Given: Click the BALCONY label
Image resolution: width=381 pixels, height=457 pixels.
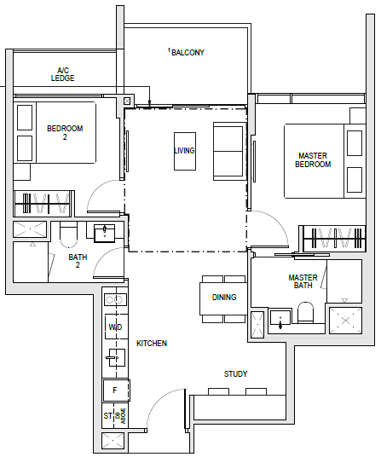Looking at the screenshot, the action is [188, 53].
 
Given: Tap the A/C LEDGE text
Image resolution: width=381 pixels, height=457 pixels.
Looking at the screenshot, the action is [62, 74].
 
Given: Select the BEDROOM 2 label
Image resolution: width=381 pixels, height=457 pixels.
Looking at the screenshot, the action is [65, 132].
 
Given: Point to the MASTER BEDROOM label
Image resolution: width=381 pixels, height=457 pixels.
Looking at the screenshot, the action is [313, 159].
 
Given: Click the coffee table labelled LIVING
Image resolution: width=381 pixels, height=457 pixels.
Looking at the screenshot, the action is [185, 151].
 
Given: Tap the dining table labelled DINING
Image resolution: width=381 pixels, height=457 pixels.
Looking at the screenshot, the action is [223, 298].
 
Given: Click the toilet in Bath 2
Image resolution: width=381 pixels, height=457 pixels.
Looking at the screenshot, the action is [68, 234].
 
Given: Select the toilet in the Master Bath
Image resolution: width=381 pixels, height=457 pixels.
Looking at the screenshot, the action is [305, 312].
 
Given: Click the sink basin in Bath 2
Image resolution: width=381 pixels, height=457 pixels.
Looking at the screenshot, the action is [105, 234].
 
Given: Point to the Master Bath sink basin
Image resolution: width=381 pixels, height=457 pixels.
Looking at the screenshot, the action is [280, 318].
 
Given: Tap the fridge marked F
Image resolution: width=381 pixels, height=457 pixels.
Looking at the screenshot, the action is [116, 390].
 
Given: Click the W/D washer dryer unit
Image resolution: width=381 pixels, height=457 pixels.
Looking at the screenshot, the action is [116, 327].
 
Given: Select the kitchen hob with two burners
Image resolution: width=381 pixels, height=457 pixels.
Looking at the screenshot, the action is [115, 299].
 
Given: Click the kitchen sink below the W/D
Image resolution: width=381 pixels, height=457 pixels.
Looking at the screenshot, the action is [116, 357].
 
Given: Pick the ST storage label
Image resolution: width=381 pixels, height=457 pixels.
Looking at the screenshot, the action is [107, 415].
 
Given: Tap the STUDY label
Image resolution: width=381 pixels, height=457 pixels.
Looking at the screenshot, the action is [235, 374].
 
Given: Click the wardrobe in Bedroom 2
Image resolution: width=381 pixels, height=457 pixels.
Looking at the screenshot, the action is [43, 204].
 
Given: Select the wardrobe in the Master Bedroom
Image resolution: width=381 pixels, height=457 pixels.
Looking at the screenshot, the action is [334, 239].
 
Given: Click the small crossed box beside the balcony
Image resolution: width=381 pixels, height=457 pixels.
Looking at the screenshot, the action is [127, 101].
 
